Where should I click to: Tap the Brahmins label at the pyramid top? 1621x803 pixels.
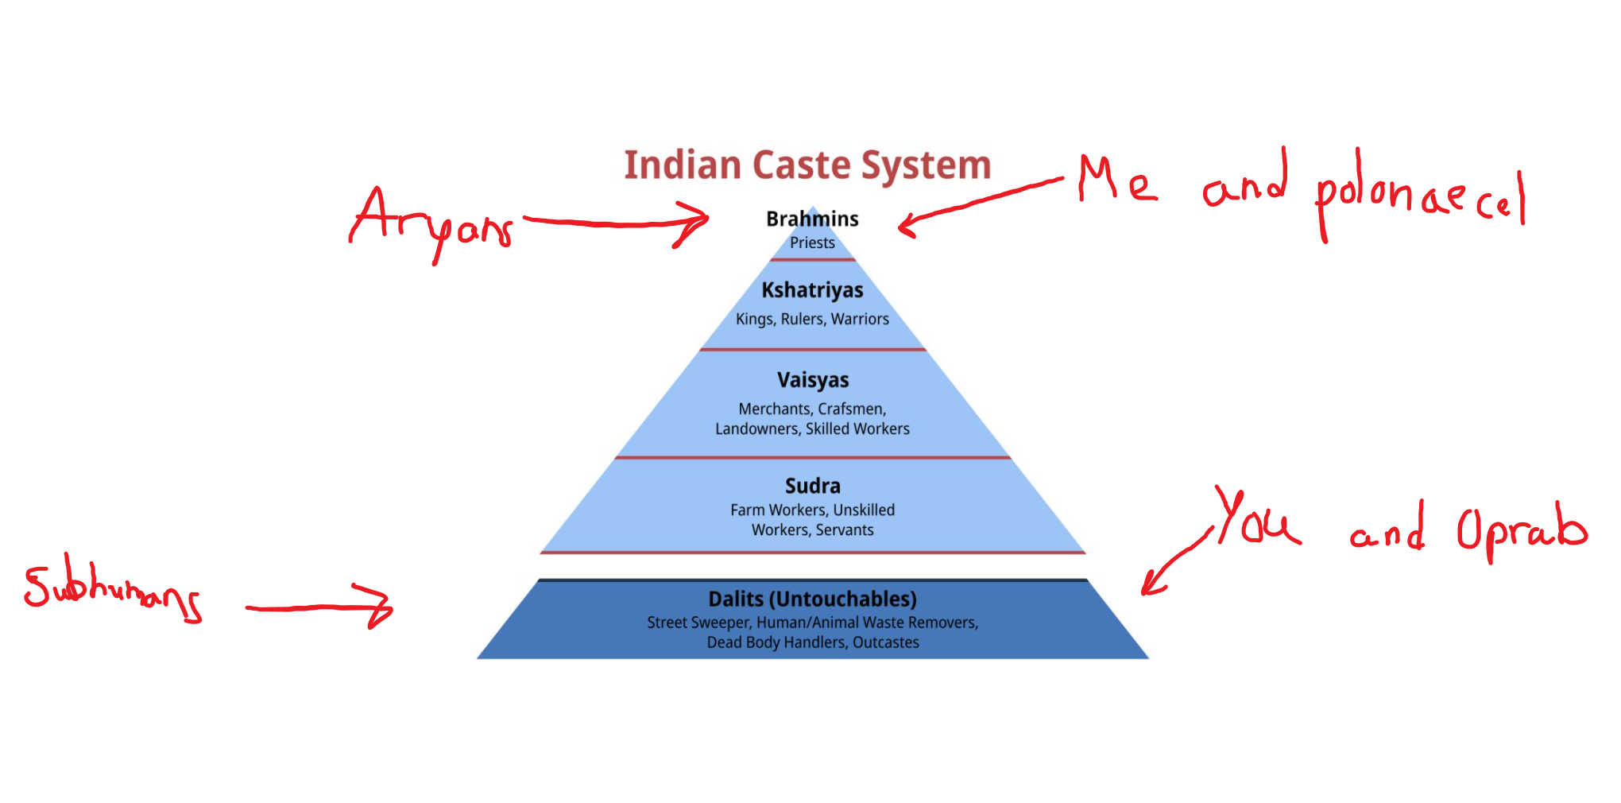click(x=812, y=219)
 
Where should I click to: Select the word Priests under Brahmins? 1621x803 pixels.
click(x=812, y=243)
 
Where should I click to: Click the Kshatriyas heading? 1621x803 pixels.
click(x=812, y=290)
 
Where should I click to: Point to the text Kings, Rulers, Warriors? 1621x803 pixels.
click(x=812, y=319)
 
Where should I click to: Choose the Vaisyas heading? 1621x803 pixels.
click(x=812, y=380)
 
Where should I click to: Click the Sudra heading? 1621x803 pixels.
click(x=812, y=486)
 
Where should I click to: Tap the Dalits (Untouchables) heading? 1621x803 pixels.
click(x=812, y=599)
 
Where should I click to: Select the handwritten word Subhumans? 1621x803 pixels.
click(x=111, y=588)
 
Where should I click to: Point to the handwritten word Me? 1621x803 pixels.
click(x=1116, y=181)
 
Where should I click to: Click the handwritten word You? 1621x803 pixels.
click(x=1255, y=521)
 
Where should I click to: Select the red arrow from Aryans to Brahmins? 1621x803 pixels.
click(x=616, y=223)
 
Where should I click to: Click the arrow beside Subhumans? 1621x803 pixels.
click(x=318, y=607)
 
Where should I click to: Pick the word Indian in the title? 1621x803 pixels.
click(x=682, y=165)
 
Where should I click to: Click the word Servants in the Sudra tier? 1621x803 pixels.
click(x=844, y=530)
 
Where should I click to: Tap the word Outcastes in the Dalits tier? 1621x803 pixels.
click(x=885, y=642)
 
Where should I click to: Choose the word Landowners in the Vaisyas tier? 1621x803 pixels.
click(x=756, y=429)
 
